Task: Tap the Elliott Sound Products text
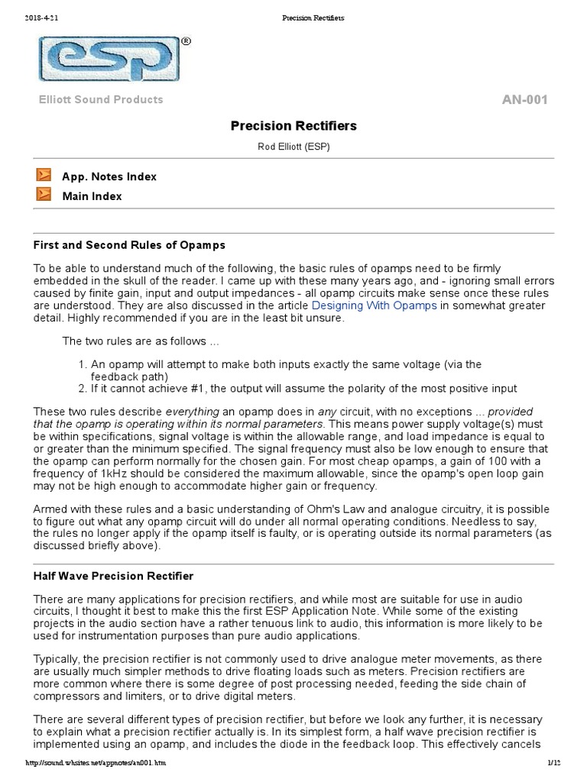coord(101,100)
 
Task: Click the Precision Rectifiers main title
coord(293,125)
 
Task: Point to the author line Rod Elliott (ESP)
coord(293,147)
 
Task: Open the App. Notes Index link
coord(109,176)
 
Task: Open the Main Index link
coord(92,196)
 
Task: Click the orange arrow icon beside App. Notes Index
coord(44,176)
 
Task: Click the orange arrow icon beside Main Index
coord(44,195)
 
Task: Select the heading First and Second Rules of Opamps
coord(128,245)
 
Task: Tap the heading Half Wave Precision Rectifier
coord(113,575)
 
